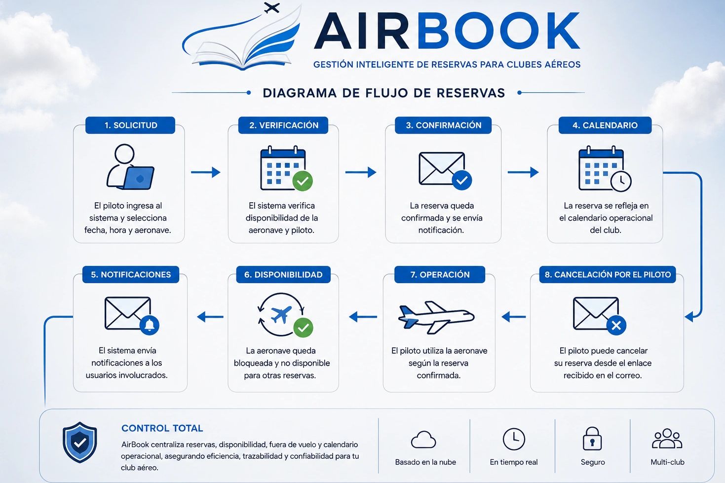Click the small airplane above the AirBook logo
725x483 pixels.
(271, 8)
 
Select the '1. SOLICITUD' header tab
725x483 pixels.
(130, 125)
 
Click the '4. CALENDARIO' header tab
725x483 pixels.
(605, 125)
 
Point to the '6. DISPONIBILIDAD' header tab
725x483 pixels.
(283, 275)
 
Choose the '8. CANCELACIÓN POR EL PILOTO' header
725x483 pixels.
(608, 275)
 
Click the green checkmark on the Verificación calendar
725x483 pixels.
(303, 181)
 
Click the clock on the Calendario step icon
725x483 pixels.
(621, 181)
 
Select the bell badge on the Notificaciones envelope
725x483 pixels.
(149, 325)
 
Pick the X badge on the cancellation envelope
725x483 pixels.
(616, 325)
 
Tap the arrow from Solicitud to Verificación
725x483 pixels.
(205, 172)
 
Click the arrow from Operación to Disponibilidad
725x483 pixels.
(363, 317)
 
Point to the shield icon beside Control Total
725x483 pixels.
(79, 442)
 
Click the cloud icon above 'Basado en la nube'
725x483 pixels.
(423, 440)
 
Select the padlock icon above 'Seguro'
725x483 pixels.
(592, 439)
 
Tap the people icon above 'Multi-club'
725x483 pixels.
(667, 439)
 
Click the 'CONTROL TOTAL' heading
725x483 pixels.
(162, 428)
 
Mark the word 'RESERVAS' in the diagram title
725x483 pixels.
(471, 93)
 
